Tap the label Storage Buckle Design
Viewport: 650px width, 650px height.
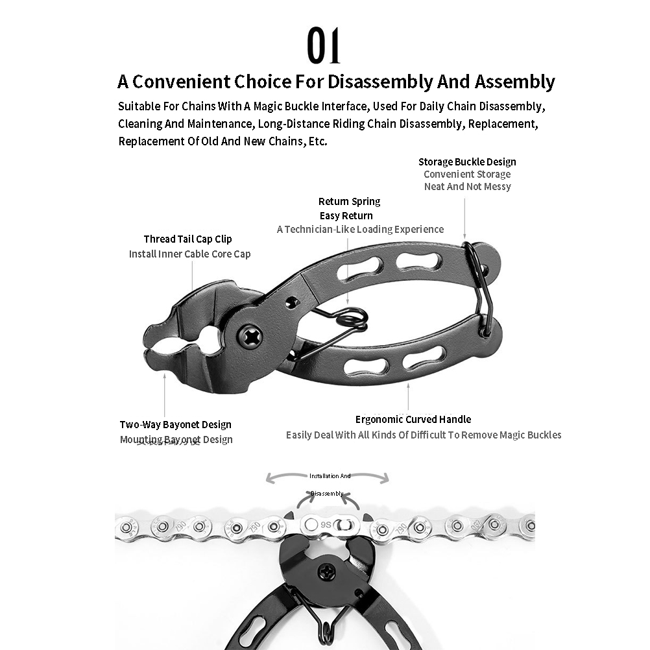click(467, 162)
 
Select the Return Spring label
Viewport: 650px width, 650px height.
click(349, 201)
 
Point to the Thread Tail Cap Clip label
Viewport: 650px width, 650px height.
click(187, 239)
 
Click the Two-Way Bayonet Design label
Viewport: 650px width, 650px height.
click(175, 424)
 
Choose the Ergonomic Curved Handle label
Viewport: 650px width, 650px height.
click(413, 419)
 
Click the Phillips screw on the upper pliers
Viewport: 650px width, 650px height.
click(249, 335)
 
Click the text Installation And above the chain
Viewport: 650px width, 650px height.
click(330, 476)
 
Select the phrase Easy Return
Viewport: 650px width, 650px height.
click(346, 215)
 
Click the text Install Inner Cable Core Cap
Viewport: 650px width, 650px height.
click(189, 254)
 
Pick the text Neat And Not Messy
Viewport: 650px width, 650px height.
click(467, 186)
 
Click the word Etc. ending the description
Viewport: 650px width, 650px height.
click(317, 141)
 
